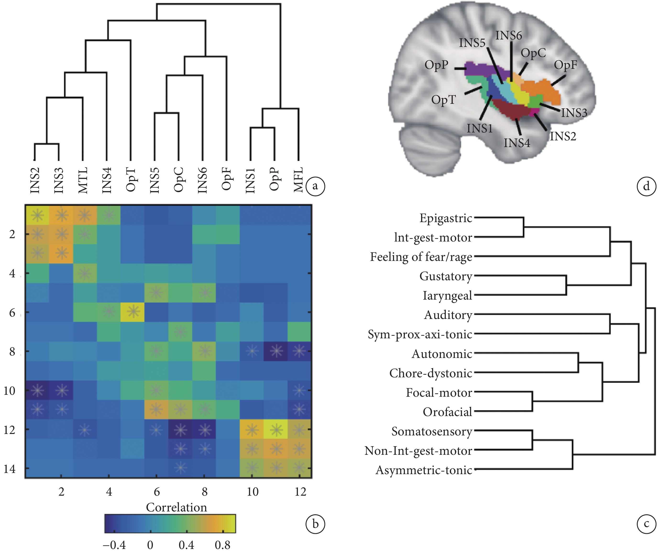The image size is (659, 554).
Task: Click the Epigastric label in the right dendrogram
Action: click(446, 218)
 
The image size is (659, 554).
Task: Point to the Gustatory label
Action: click(446, 276)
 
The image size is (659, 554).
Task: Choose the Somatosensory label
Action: click(432, 431)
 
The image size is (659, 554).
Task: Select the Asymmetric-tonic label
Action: click(424, 470)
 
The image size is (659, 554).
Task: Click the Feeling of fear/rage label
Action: click(421, 257)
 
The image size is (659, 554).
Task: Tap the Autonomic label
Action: click(442, 354)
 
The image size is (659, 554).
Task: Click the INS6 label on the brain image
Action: click(509, 35)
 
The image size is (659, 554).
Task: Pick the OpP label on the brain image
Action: click(436, 65)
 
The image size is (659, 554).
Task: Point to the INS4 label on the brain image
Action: click(517, 143)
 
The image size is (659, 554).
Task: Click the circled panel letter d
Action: click(646, 186)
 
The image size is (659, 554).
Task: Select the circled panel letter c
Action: click(646, 524)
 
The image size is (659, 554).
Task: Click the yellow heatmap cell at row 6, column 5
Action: click(132, 312)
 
